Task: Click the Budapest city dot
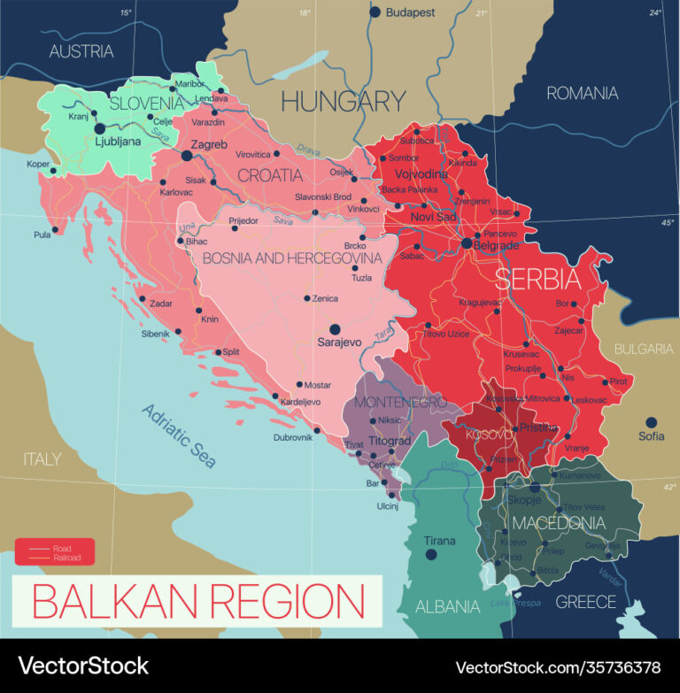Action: click(375, 12)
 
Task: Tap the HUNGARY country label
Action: click(343, 101)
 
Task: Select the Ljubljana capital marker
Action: click(100, 128)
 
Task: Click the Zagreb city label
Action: click(210, 144)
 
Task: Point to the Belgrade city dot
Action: click(466, 243)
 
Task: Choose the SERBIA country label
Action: click(537, 280)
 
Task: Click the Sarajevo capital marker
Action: click(335, 328)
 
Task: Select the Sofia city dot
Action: click(651, 422)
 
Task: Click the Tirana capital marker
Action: click(431, 555)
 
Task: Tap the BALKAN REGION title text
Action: click(197, 602)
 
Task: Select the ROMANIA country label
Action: click(582, 93)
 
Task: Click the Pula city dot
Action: click(56, 229)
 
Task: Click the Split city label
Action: click(230, 351)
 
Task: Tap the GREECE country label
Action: click(585, 602)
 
